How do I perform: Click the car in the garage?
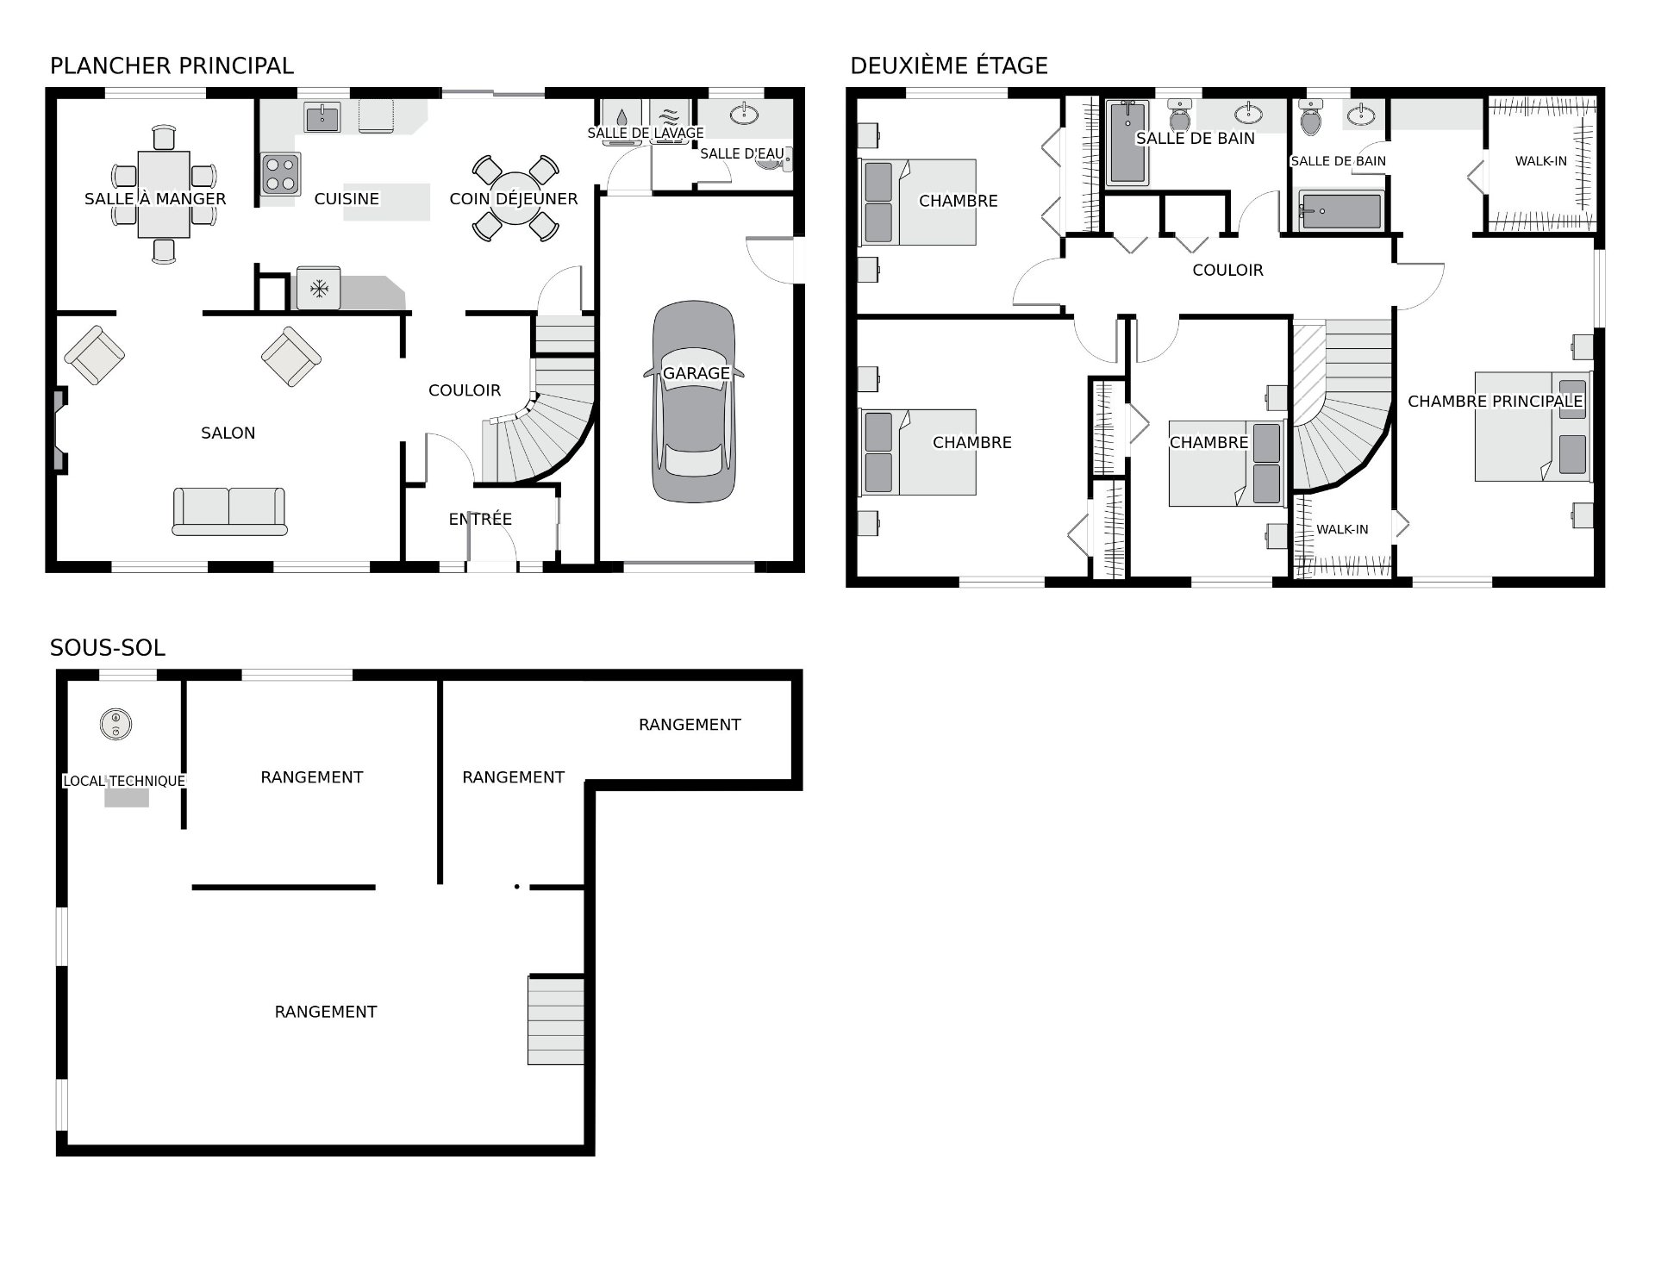coord(694,402)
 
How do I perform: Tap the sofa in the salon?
coord(229,511)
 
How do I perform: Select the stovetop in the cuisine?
coord(280,173)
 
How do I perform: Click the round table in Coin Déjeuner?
coord(515,198)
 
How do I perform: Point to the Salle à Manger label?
coord(155,199)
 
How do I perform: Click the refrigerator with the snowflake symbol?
coord(319,288)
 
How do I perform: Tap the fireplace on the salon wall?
coord(59,430)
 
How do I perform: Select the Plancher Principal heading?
coord(172,65)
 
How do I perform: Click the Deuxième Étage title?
coord(949,65)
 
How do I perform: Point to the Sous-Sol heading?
coord(108,648)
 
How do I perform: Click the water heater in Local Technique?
coord(115,724)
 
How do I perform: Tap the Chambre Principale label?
coord(1495,401)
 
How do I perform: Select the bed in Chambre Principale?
coord(1532,427)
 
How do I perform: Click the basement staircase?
coord(556,1020)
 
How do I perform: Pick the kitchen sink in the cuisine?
coord(322,117)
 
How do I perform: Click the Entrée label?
coord(480,519)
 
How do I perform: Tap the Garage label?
coord(696,373)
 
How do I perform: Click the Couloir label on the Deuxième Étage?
coord(1227,270)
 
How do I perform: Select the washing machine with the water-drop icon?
coord(621,116)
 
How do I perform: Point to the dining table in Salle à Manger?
coord(164,194)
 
